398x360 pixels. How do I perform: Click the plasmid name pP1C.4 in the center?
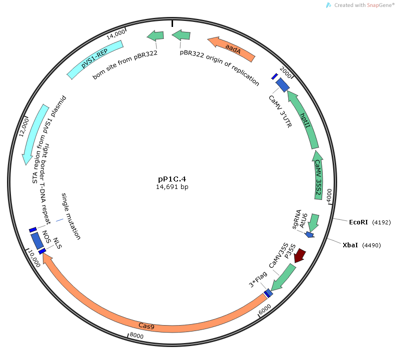coord(172,179)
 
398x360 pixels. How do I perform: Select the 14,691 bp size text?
coord(172,187)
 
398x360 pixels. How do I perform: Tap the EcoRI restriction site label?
coord(359,222)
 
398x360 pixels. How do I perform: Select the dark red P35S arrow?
coord(299,255)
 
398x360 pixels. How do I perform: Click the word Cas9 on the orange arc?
coord(146,326)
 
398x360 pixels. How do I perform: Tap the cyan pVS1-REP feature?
coord(95,59)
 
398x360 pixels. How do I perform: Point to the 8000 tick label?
coord(137,337)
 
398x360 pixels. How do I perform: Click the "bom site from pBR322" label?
coord(125,64)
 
